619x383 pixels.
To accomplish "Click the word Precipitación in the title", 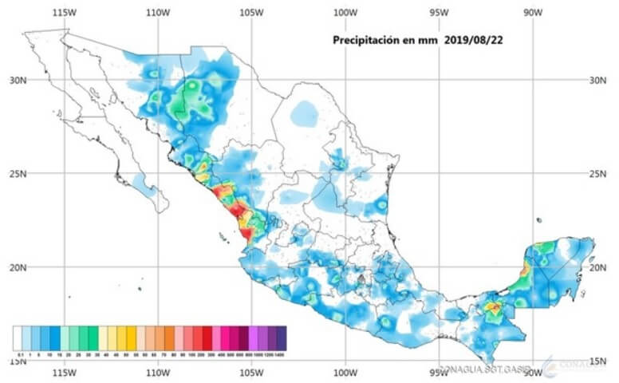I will pyautogui.click(x=369, y=39).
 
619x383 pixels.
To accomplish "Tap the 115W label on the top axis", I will pyautogui.click(x=68, y=13).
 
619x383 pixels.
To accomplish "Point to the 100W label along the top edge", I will pyautogui.click(x=345, y=13).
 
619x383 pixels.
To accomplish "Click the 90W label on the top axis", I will pyautogui.click(x=532, y=13).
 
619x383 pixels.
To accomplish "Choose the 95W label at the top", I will pyautogui.click(x=438, y=13).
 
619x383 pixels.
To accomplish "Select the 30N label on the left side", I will pyautogui.click(x=18, y=81).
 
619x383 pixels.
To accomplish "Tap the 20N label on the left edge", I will pyautogui.click(x=18, y=267).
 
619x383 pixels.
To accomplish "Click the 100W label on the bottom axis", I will pyautogui.click(x=345, y=373).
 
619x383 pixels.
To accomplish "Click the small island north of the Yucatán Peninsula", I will pyautogui.click(x=540, y=220).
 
